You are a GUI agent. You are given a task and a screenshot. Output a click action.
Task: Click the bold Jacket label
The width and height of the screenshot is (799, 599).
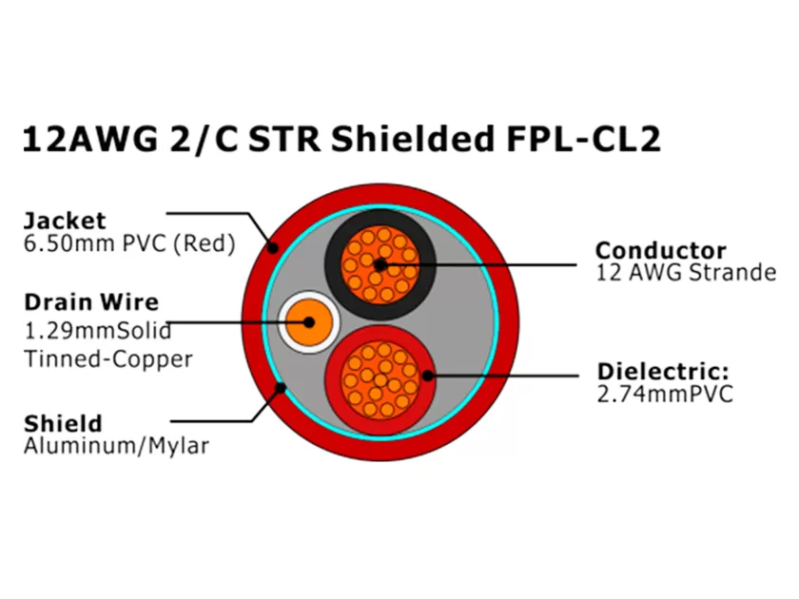pyautogui.click(x=65, y=222)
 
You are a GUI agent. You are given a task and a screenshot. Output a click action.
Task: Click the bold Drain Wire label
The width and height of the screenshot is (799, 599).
pyautogui.click(x=90, y=302)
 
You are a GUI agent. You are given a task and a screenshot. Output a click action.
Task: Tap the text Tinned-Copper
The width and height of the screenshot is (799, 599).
pyautogui.click(x=107, y=358)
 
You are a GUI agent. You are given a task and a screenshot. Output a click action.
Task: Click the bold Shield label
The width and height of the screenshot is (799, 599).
pyautogui.click(x=63, y=423)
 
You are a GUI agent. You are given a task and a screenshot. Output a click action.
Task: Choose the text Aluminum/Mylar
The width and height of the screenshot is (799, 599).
pyautogui.click(x=115, y=446)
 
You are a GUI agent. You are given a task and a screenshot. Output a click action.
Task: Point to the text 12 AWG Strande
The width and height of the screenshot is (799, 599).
pyautogui.click(x=685, y=274)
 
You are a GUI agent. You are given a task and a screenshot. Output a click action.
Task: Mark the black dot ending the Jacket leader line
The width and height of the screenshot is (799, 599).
pyautogui.click(x=273, y=248)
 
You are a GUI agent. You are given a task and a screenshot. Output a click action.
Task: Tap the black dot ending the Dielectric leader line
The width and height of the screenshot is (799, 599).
pyautogui.click(x=429, y=376)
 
